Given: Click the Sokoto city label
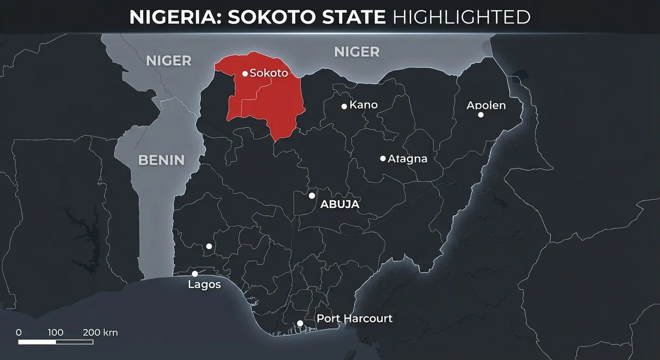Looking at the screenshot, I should point(269,73).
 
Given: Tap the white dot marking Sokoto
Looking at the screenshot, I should point(245,74).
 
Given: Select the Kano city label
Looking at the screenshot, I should point(363,105).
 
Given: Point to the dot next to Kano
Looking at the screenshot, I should point(344,106).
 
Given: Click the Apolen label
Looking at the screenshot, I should point(486,105).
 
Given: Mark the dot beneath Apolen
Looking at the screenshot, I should point(480,115).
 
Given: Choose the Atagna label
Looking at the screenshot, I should point(407,159).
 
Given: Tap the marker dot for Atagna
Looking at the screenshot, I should point(383,158).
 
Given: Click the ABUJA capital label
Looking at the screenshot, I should point(339,204).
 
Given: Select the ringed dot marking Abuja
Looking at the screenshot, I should point(312,195).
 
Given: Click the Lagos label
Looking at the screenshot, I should point(204,285).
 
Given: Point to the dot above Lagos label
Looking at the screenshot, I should point(195,274).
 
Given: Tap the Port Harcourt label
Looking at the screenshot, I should point(354,319).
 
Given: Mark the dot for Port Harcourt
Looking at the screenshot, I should point(300,323).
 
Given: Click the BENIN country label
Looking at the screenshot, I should point(161,160).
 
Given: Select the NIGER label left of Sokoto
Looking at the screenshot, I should point(169,60).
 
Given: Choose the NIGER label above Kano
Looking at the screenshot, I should point(357,52).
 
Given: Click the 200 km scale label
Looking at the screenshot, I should point(100,333).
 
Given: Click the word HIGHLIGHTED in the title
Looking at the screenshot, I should point(461,17).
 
